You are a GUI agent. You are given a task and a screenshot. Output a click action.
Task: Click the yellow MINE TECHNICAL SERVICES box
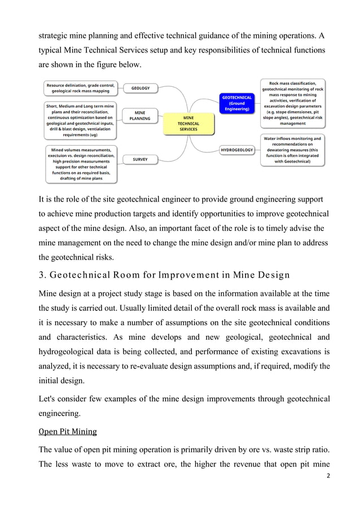[188, 124]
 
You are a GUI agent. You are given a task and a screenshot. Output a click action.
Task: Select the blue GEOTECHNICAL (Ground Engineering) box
[236, 103]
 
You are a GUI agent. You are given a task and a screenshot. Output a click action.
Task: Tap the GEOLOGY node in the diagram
[141, 89]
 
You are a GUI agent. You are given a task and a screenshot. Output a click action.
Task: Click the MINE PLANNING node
[140, 116]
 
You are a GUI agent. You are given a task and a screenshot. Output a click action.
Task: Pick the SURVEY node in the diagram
[140, 160]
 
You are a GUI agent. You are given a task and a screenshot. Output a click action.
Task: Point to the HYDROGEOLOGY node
[236, 150]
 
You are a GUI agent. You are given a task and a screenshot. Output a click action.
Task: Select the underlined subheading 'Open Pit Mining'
[67, 432]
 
